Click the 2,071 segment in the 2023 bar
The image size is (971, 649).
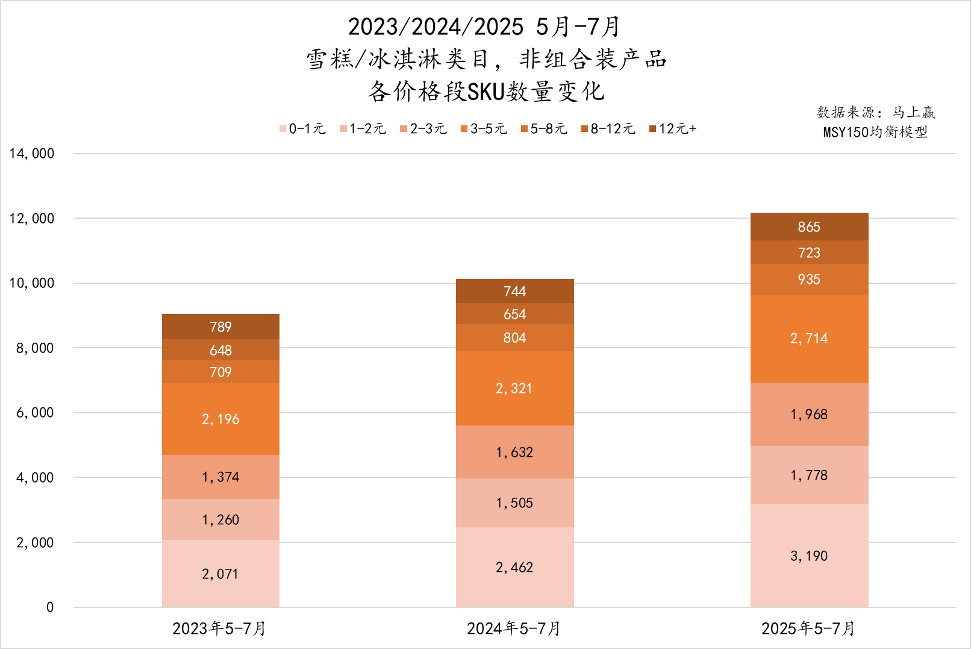(x=220, y=574)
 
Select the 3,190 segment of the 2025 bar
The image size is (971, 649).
(x=809, y=556)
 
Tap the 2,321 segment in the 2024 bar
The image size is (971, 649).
(x=514, y=388)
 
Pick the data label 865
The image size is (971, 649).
(x=809, y=227)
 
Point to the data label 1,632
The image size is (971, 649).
(x=514, y=453)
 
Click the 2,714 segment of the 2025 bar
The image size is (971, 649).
(x=809, y=339)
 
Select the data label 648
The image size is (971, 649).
(x=220, y=350)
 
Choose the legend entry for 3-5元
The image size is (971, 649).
(x=484, y=128)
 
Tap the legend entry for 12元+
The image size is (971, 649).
(x=673, y=128)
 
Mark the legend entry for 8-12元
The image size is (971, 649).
(x=608, y=128)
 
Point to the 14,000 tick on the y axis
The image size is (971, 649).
(x=32, y=154)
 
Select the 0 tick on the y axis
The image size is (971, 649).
(x=50, y=607)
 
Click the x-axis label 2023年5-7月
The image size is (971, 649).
(x=219, y=629)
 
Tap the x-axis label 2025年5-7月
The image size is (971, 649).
(x=808, y=629)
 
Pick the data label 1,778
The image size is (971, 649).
(x=809, y=475)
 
